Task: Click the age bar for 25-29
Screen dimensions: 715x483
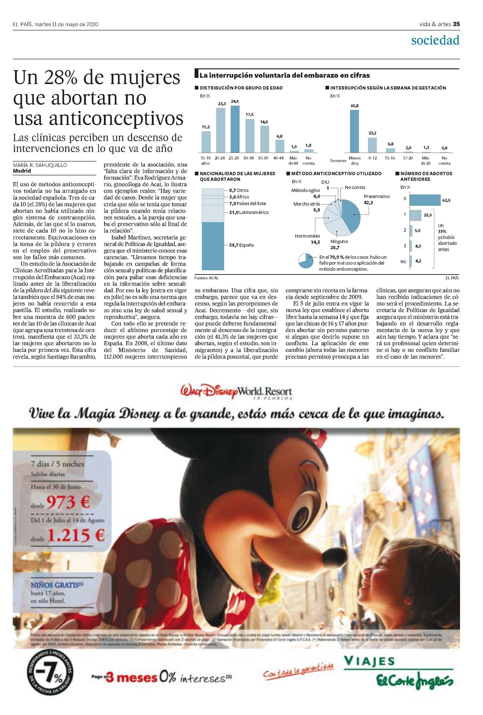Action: click(235, 129)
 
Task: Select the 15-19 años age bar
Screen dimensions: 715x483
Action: click(206, 142)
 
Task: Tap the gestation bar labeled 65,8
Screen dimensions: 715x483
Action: click(354, 131)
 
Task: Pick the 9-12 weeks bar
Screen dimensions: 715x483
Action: click(372, 145)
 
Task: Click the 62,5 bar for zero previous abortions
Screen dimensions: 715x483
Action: click(425, 200)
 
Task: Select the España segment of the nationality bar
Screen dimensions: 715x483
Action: click(213, 246)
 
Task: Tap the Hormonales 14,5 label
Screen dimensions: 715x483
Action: click(308, 239)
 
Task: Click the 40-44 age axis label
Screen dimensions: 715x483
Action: click(278, 158)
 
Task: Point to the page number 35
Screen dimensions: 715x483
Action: click(456, 24)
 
